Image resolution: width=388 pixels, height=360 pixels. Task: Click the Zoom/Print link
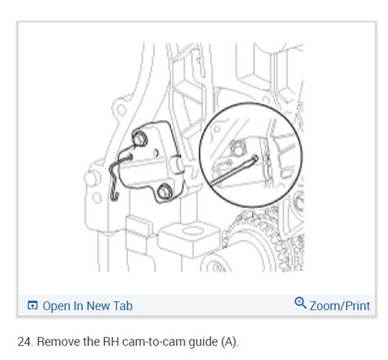coord(338,305)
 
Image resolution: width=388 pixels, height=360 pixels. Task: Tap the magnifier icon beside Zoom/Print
coord(300,304)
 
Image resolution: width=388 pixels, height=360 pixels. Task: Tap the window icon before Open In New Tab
coord(33,306)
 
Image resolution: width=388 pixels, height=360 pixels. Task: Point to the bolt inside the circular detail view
coord(241,146)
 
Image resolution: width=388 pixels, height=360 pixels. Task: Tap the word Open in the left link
coord(56,306)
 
